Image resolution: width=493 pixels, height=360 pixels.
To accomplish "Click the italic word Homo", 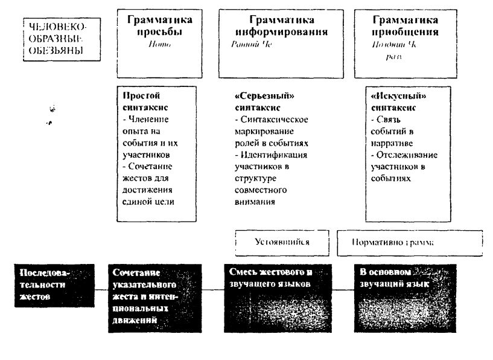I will click(x=155, y=43).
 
